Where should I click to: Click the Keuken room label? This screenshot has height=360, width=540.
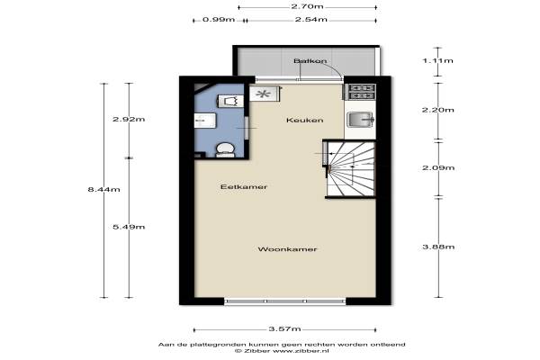305,121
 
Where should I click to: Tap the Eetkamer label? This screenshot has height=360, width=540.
244,186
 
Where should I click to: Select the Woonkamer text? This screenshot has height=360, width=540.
287,249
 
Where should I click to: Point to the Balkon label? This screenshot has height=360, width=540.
310,61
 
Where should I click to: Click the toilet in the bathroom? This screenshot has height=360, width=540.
225,150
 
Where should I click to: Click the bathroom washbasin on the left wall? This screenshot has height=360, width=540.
204,121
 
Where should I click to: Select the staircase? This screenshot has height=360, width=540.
350,168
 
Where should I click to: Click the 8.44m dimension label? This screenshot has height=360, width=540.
104,189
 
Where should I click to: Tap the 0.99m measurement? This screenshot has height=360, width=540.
219,19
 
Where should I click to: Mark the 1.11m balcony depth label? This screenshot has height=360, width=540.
438,61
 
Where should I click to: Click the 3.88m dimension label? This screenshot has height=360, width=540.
438,247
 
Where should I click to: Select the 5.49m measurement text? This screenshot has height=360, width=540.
129,227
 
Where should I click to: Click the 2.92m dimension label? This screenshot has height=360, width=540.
129,119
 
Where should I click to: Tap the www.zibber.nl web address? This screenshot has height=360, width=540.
301,351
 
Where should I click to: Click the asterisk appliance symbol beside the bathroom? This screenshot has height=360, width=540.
264,94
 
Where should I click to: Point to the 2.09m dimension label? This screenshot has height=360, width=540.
438,167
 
